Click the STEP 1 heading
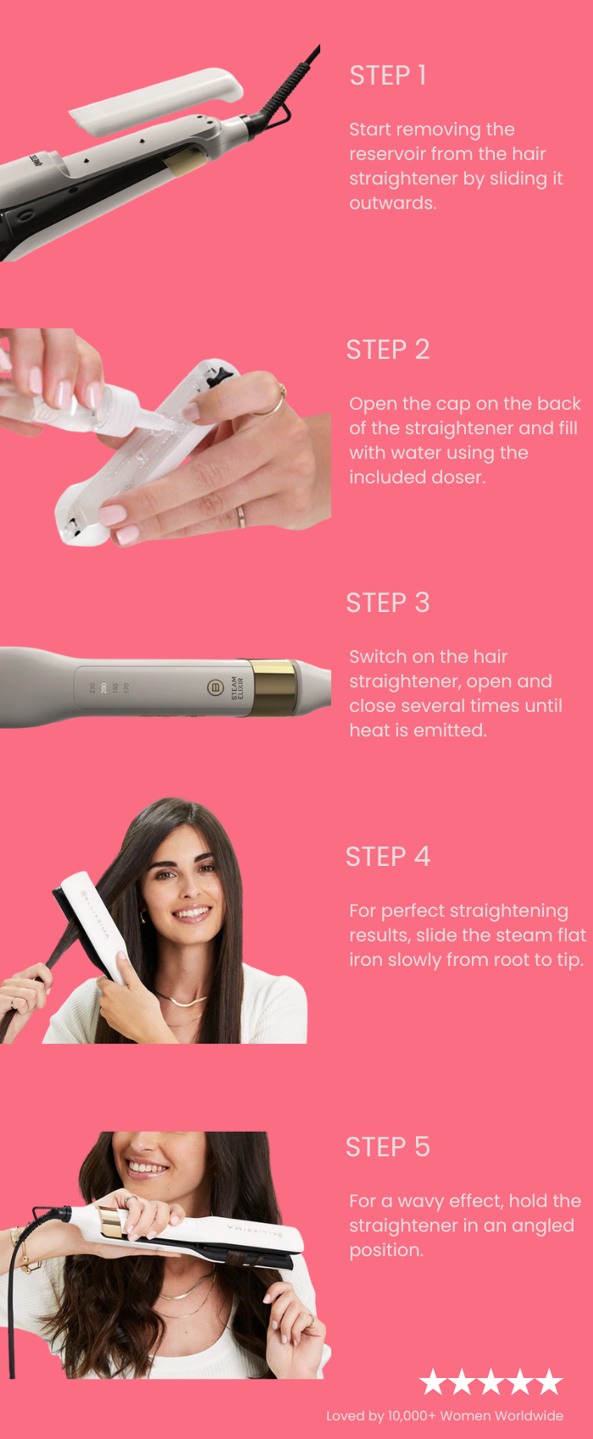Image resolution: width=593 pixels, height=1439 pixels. tap(388, 76)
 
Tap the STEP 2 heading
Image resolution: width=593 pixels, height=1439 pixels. tap(388, 350)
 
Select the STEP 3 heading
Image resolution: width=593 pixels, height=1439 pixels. tap(388, 604)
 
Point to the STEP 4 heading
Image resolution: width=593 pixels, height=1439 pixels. tap(388, 857)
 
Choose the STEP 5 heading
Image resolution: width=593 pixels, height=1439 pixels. tap(388, 1147)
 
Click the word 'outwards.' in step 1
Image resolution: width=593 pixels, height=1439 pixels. tap(393, 203)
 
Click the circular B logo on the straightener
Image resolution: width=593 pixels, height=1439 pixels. tap(215, 688)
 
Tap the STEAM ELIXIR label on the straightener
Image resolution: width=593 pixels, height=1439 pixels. tap(237, 688)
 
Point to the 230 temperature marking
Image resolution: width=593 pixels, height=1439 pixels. tap(92, 688)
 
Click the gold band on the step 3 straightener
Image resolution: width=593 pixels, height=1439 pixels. tap(274, 687)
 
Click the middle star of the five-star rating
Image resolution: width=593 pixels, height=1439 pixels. tap(491, 1381)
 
